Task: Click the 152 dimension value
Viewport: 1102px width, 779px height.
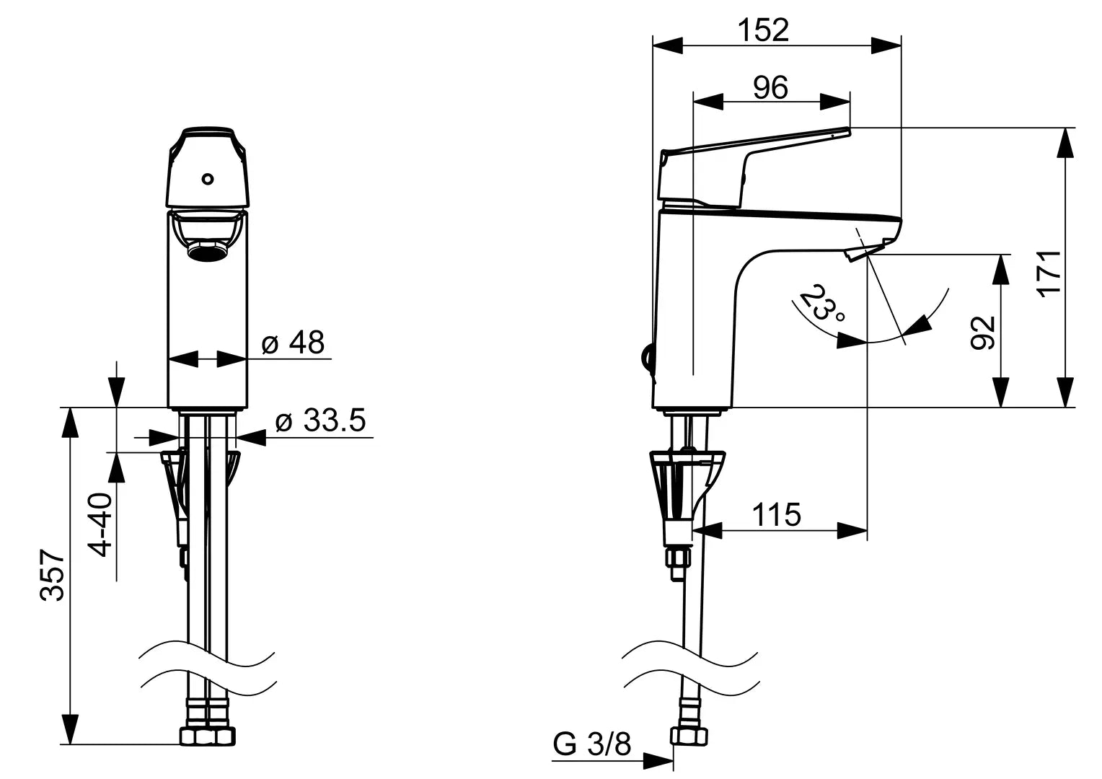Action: tap(763, 30)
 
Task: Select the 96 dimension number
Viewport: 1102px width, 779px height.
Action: tap(770, 87)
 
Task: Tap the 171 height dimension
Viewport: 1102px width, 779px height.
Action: tap(1049, 273)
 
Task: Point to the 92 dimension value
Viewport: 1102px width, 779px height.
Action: tap(983, 333)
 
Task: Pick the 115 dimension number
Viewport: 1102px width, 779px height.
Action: tap(776, 515)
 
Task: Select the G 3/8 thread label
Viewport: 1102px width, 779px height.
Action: tap(592, 744)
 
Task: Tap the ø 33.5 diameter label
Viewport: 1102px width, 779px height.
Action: tap(321, 421)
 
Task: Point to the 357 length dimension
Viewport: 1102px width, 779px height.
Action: tap(52, 576)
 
